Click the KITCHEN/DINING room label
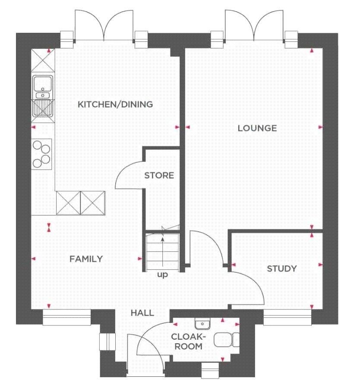pos(115,104)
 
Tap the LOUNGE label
pos(257,128)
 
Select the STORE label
pos(159,175)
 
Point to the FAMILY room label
pos(86,259)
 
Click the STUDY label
pos(282,269)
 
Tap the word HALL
pos(142,313)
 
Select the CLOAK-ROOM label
pos(189,341)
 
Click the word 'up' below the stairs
pos(162,275)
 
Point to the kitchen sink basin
pos(43,83)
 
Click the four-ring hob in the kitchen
pos(41,154)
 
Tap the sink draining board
pos(43,108)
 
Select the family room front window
pos(67,317)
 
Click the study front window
pos(287,317)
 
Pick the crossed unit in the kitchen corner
pos(43,60)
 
